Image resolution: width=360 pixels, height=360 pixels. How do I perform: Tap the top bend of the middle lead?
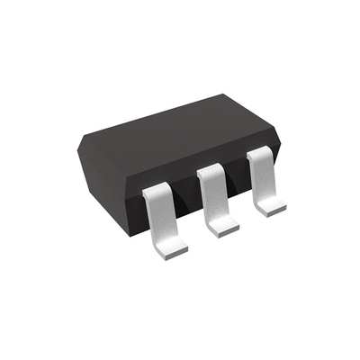[210, 170]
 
